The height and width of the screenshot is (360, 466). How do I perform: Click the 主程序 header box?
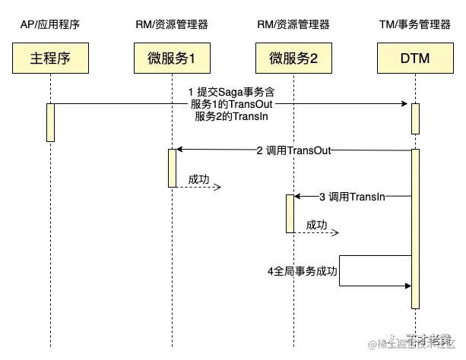(51, 58)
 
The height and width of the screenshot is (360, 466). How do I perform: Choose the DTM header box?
(414, 58)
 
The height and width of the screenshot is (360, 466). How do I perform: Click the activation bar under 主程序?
(50, 122)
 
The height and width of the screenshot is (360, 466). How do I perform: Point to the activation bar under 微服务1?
(172, 167)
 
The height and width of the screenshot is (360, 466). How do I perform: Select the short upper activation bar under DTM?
(414, 118)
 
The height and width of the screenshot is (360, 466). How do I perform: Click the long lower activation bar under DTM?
(414, 228)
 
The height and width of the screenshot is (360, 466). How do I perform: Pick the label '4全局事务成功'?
(302, 271)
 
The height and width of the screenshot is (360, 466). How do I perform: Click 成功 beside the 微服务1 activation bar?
(199, 179)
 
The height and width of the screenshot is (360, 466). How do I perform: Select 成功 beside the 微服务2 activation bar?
(316, 225)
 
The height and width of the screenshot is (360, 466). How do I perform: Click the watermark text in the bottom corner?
(414, 343)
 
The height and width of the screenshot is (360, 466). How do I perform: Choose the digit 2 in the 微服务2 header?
(314, 58)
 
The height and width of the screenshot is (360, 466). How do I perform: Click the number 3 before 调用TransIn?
(322, 197)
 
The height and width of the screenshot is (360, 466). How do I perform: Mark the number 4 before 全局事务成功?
(270, 271)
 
